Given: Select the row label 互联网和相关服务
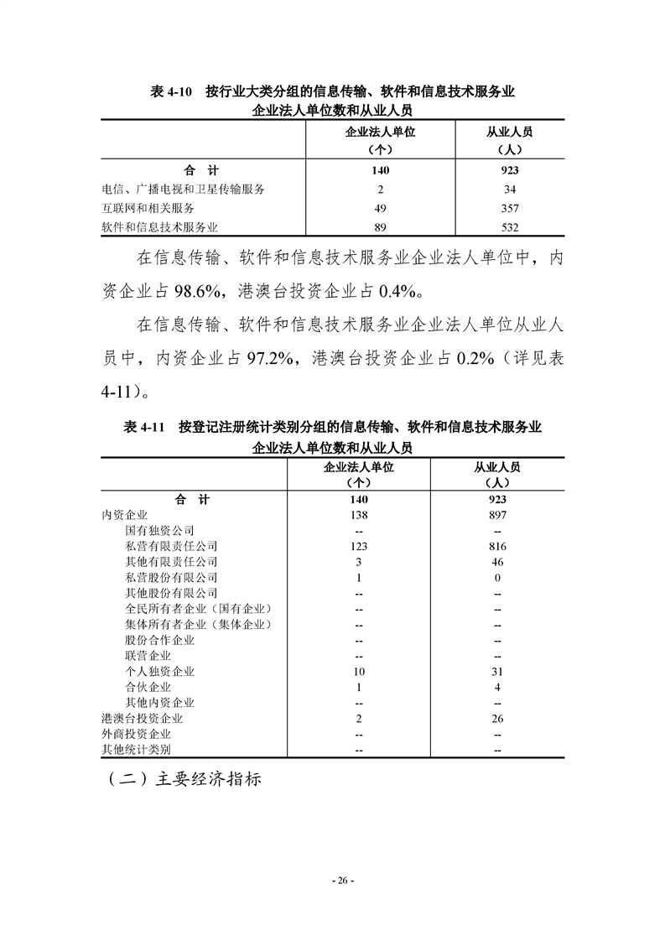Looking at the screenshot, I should point(148,208).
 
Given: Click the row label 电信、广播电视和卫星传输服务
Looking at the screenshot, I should point(184,190).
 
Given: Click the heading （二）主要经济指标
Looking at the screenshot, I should point(184,779).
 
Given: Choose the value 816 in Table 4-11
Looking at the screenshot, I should point(498,546).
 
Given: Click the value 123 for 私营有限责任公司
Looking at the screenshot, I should point(358,546).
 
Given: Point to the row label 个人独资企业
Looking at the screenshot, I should point(159,672).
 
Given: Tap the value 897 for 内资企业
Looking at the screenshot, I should point(498,515).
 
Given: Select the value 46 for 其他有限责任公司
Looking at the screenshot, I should point(498,562).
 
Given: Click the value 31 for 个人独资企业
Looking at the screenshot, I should point(498,672).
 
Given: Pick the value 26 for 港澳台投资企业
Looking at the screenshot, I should point(498,719).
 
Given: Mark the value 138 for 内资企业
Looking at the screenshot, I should point(358,515).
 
